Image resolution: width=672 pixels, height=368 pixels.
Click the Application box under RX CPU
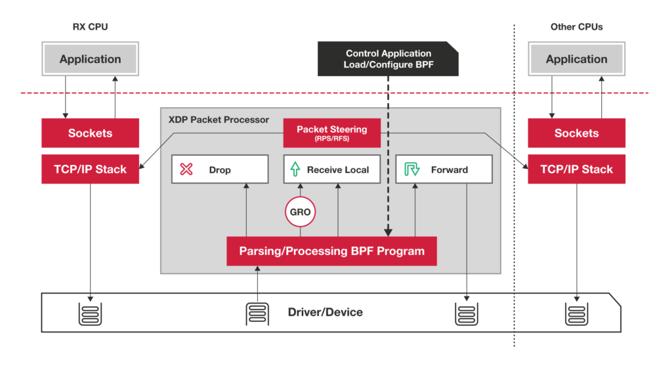tap(91, 59)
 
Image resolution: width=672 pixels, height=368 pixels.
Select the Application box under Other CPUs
tap(576, 59)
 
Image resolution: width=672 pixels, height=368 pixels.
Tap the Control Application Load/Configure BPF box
tap(388, 59)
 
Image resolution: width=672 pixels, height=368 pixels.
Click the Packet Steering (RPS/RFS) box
tap(331, 133)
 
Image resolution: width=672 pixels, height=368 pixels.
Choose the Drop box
tap(220, 170)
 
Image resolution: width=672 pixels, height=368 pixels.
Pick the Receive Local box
tap(331, 170)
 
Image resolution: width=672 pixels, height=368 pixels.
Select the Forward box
tap(444, 170)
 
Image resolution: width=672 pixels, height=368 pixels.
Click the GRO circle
tap(301, 212)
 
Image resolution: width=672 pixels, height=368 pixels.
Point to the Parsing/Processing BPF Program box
tap(331, 251)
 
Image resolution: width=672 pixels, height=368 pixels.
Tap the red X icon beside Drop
tap(186, 170)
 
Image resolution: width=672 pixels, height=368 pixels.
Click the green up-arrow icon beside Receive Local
tap(295, 170)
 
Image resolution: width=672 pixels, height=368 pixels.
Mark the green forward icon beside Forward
tap(411, 170)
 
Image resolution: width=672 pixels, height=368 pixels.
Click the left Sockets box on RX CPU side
tap(91, 133)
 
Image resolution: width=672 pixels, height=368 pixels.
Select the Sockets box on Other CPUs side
tap(576, 133)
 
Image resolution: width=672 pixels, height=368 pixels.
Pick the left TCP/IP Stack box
tap(91, 169)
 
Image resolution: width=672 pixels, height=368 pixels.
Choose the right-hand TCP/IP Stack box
tap(576, 169)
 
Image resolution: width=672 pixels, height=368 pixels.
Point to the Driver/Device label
tap(325, 312)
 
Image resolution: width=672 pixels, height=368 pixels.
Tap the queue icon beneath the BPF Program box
tap(257, 313)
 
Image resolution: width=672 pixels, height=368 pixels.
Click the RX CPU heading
tap(90, 27)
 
